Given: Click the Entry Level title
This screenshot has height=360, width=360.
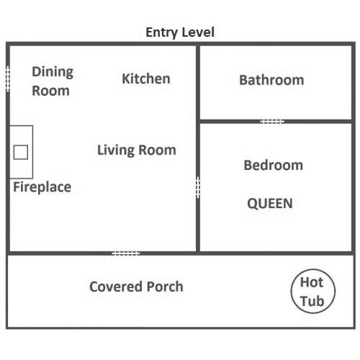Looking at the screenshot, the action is pyautogui.click(x=180, y=32).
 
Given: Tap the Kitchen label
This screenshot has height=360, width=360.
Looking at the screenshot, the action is pyautogui.click(x=146, y=78).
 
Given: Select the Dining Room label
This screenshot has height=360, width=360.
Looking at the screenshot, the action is pyautogui.click(x=53, y=81).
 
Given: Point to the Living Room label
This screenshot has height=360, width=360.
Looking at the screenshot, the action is pyautogui.click(x=137, y=150).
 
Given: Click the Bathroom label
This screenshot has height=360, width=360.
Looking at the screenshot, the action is pyautogui.click(x=271, y=80).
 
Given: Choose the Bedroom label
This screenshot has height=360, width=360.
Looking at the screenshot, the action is pyautogui.click(x=274, y=165).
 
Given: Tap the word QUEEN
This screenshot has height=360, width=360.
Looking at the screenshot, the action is pyautogui.click(x=270, y=204).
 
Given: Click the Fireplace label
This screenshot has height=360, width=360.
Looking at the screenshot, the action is pyautogui.click(x=42, y=187).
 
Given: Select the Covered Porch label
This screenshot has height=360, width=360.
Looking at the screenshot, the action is pyautogui.click(x=136, y=287).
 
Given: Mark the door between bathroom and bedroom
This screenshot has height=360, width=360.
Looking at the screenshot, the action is pyautogui.click(x=272, y=122).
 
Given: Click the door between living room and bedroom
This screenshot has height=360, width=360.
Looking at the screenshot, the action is pyautogui.click(x=198, y=188).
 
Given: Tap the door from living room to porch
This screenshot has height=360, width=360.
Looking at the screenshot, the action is pyautogui.click(x=126, y=253).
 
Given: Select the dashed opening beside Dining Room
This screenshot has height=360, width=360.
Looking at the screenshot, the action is pyautogui.click(x=8, y=78).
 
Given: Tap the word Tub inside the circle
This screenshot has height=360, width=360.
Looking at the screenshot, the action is pyautogui.click(x=312, y=301).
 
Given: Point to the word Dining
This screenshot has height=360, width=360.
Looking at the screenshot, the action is pyautogui.click(x=53, y=72).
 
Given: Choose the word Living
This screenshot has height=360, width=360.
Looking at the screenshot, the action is pyautogui.click(x=116, y=150).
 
